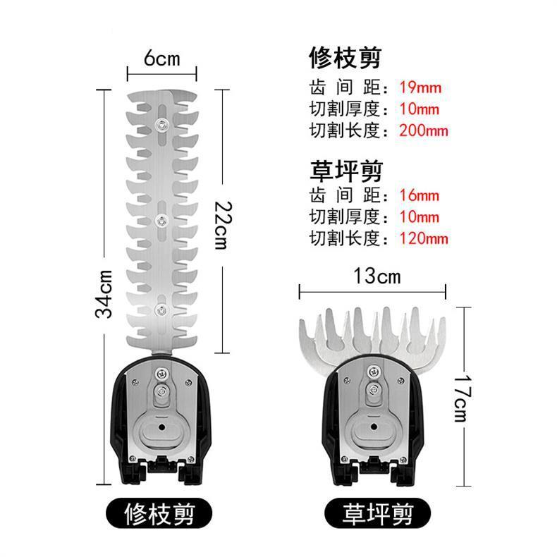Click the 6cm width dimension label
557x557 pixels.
161,59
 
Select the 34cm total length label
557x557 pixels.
104,293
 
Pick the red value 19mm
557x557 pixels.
420,88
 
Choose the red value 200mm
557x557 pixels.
423,130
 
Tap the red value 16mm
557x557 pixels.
420,195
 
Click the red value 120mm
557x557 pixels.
423,238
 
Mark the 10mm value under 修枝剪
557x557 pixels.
420,109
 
